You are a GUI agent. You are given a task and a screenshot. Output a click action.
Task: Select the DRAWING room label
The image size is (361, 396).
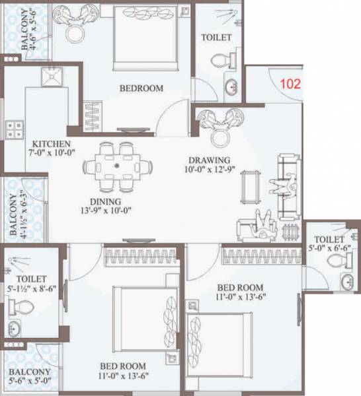(x=208, y=160)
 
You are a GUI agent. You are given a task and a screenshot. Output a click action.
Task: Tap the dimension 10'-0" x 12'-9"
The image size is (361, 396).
(x=208, y=170)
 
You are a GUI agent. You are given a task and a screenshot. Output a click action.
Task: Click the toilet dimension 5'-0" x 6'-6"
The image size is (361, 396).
(x=329, y=249)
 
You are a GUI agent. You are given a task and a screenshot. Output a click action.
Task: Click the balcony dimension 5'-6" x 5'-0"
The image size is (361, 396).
(x=29, y=381)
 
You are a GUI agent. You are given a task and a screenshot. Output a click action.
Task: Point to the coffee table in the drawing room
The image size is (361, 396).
(x=249, y=186)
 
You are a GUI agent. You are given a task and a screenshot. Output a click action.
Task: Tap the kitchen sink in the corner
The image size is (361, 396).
(x=50, y=79)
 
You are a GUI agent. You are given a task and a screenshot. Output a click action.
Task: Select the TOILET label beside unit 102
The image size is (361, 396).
(x=217, y=38)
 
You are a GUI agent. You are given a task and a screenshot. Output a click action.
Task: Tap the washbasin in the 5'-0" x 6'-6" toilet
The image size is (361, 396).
(x=346, y=282)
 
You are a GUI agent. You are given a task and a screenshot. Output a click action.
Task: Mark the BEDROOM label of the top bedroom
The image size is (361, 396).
(x=141, y=88)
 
